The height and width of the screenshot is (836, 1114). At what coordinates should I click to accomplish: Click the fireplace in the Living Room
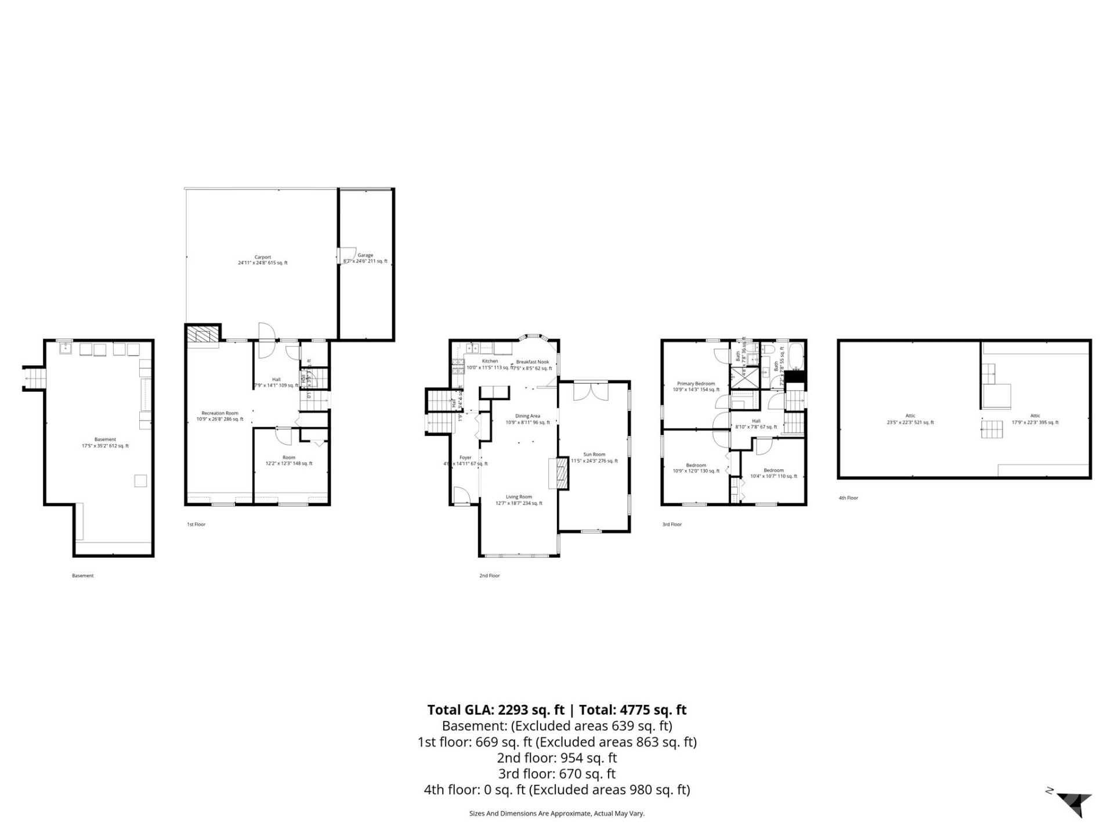click(x=559, y=473)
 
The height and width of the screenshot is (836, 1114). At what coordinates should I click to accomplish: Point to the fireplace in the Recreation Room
click(x=202, y=336)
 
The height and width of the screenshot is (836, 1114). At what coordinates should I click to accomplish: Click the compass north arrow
click(x=1075, y=804)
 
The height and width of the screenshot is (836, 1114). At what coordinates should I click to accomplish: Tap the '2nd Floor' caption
click(x=489, y=576)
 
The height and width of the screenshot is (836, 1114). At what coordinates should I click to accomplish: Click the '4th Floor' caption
click(x=848, y=498)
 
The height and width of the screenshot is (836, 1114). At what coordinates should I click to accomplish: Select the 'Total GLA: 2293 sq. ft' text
click(x=495, y=709)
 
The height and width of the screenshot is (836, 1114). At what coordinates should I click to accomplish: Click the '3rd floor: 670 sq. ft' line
click(x=556, y=773)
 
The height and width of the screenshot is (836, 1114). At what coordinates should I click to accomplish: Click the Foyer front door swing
click(x=461, y=495)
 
